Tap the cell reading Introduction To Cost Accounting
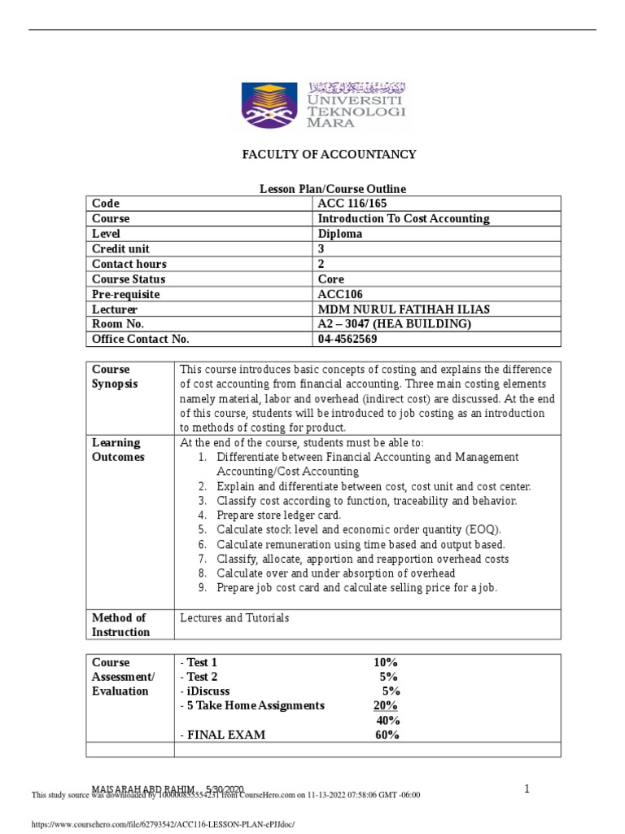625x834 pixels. (x=403, y=219)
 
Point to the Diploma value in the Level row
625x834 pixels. (x=340, y=234)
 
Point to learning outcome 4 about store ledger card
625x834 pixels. (x=278, y=516)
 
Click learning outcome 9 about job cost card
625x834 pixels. (x=356, y=588)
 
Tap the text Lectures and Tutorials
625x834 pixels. (x=234, y=618)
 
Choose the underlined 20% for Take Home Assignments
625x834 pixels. (x=386, y=705)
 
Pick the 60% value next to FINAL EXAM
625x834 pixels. (x=387, y=735)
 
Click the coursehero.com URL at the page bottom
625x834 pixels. (x=161, y=824)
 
